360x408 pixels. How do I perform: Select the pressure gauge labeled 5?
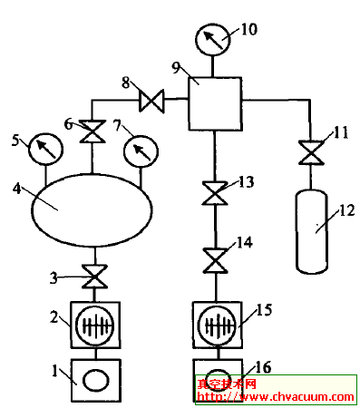tap(43, 147)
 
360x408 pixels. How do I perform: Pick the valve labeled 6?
tap(92, 133)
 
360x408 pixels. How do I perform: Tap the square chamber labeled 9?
tap(214, 102)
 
